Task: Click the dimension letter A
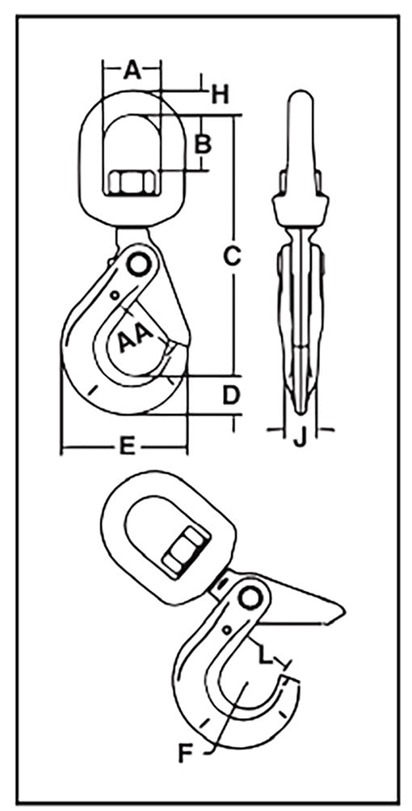click(x=132, y=70)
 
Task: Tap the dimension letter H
click(x=220, y=95)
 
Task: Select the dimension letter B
click(x=203, y=144)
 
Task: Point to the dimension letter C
click(x=233, y=256)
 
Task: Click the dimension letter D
click(x=232, y=395)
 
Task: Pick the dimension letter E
click(x=127, y=446)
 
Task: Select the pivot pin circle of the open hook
click(x=250, y=598)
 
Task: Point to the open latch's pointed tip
click(x=343, y=613)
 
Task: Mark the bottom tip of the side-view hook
click(x=301, y=412)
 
